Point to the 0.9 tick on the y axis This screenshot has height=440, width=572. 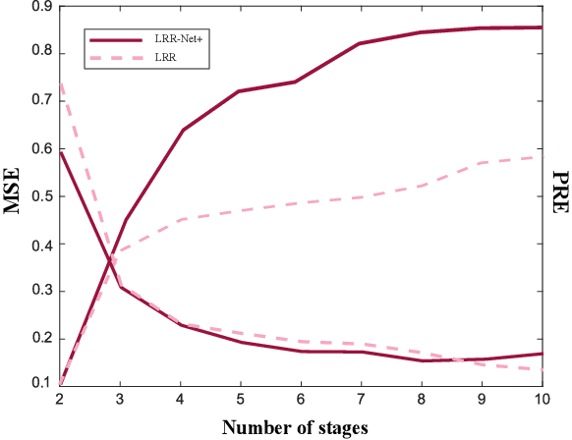tap(40, 6)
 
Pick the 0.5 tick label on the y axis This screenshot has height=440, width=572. tap(40, 196)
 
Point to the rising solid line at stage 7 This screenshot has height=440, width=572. tap(361, 43)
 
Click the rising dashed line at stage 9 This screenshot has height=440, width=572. tap(481, 162)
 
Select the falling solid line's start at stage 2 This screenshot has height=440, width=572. tap(61, 151)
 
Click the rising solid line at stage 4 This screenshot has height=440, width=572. tap(182, 130)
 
